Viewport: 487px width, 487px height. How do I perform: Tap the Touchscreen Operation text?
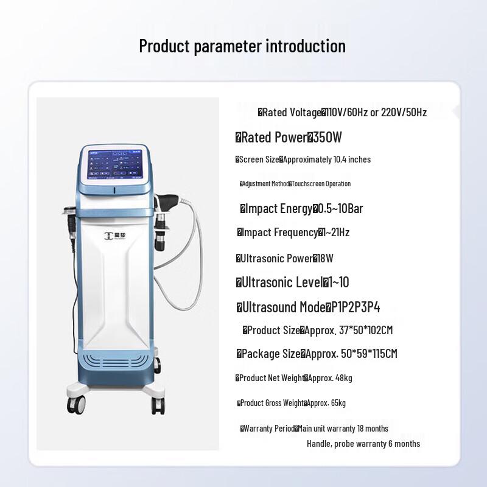tap(321, 184)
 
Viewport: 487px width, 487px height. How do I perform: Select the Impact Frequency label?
tap(279, 233)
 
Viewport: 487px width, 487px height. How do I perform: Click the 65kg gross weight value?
tap(335, 403)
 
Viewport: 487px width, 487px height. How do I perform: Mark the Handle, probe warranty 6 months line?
tap(363, 444)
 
